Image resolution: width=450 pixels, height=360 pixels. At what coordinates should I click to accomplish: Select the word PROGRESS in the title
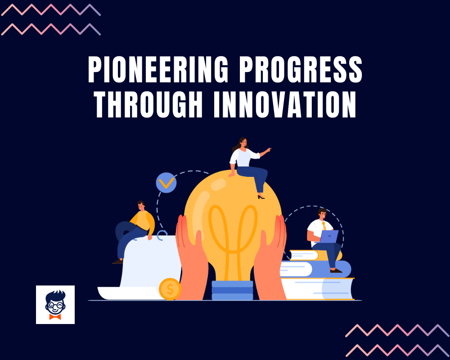303,71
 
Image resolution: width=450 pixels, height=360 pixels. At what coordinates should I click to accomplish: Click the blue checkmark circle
166,183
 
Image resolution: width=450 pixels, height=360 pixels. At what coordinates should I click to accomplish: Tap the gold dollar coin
170,289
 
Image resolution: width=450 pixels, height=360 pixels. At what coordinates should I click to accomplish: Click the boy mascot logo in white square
55,305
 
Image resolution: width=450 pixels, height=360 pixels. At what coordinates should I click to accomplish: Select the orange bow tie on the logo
55,316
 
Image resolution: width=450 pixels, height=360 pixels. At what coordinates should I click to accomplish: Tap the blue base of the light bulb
232,290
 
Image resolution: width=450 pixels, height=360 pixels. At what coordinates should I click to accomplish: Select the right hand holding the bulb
271,256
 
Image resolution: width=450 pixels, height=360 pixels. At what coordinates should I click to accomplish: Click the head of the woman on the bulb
243,144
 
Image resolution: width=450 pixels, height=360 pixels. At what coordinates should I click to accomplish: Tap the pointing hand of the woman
269,149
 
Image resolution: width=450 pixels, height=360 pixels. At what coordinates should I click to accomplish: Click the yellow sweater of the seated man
143,220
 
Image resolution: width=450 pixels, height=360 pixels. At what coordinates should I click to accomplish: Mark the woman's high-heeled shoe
261,196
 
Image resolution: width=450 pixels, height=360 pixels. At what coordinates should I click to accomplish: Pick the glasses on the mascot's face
55,304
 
